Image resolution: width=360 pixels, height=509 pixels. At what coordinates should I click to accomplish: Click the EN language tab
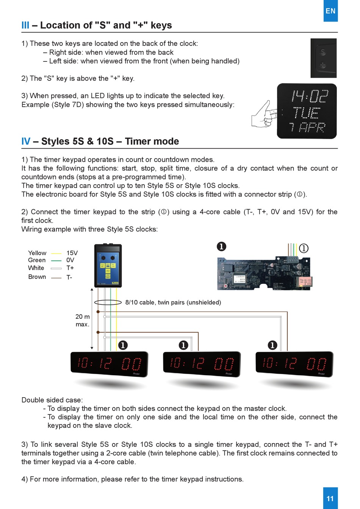point(330,11)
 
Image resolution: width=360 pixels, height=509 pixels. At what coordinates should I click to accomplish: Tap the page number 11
point(330,498)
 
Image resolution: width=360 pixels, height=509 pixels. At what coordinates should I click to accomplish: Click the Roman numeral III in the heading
point(25,25)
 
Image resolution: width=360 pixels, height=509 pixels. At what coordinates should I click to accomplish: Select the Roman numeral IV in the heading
point(26,141)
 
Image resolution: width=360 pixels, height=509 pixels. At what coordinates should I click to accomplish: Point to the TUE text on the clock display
point(307,113)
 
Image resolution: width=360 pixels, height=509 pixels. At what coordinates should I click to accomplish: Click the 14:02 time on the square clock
point(309,97)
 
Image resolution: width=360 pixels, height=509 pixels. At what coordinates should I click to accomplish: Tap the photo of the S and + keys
point(323,58)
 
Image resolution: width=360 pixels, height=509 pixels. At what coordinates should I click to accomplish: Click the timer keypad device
point(108,265)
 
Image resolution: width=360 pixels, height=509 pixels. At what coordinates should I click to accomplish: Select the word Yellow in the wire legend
point(37,253)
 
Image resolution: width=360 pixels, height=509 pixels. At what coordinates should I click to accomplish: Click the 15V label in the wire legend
point(72,253)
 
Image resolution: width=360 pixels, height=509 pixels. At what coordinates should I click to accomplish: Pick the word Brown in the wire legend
point(37,277)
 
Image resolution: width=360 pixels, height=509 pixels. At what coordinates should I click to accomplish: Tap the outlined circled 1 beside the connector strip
point(304,248)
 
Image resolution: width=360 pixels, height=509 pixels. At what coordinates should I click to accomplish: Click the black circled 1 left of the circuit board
point(221,247)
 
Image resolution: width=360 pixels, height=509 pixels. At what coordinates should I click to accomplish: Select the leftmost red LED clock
point(109,364)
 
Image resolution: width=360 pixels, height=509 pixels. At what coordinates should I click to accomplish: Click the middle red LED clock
point(202,364)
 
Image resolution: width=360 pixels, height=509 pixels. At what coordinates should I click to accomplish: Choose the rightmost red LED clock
point(294,364)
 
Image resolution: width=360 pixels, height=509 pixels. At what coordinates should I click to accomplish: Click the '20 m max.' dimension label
point(83,320)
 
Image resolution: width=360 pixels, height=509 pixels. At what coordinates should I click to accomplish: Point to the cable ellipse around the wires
point(108,302)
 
